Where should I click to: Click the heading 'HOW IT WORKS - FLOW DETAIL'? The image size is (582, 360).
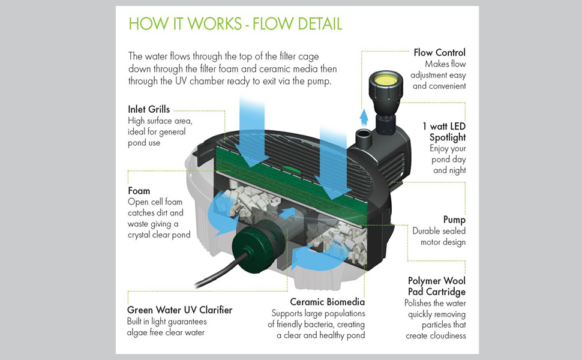(235, 24)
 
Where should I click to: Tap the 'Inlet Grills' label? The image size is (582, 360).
(149, 109)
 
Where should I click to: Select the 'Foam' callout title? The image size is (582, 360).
(139, 191)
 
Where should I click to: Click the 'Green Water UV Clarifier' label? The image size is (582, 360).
(179, 310)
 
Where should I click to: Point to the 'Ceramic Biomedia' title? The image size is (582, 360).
(327, 302)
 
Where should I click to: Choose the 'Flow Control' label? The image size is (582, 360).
(439, 53)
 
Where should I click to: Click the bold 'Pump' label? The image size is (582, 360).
(454, 220)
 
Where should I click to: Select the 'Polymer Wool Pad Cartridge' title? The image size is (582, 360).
(436, 286)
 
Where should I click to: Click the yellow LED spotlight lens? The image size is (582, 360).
(384, 78)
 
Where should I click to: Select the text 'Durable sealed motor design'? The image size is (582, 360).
(439, 236)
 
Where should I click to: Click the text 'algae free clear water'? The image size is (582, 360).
(166, 332)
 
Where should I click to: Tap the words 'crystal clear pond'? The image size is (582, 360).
(159, 235)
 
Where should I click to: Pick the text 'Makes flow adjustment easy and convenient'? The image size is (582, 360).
(439, 74)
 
